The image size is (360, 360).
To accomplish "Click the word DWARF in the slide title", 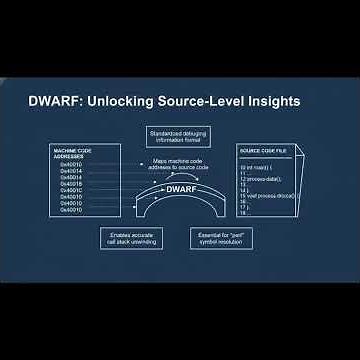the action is [53, 101].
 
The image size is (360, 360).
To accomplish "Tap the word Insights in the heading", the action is [269, 101].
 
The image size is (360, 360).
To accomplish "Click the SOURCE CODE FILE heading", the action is [263, 151].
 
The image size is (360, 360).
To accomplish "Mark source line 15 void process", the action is [262, 193].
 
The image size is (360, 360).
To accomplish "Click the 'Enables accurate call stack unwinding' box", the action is [130, 238].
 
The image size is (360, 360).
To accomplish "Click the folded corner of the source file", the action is [299, 149].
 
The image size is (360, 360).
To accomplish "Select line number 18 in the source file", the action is [243, 212].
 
